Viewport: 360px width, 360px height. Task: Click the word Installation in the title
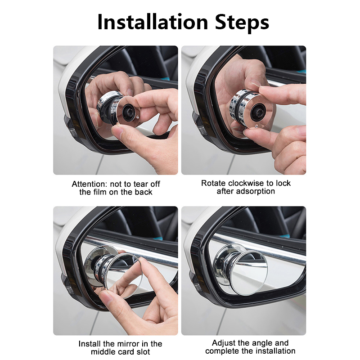(x=153, y=22)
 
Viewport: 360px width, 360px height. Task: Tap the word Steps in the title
(x=242, y=23)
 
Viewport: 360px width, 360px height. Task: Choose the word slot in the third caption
(x=144, y=352)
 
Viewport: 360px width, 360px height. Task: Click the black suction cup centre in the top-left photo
(x=129, y=112)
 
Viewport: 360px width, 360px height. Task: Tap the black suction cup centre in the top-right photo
(x=258, y=112)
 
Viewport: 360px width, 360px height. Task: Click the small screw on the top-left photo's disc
(x=138, y=117)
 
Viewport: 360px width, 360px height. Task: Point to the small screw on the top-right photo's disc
(x=256, y=126)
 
